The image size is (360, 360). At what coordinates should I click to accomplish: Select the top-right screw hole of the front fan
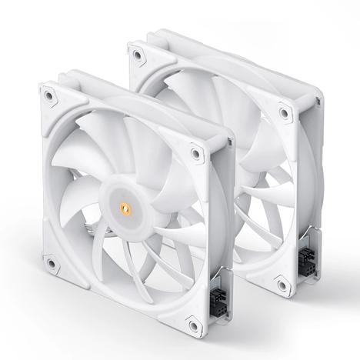(x=197, y=152)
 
